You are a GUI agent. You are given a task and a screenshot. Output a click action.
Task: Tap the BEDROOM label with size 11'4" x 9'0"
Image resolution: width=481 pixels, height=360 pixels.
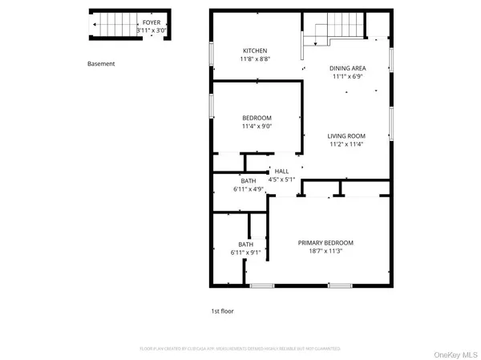(x=257, y=118)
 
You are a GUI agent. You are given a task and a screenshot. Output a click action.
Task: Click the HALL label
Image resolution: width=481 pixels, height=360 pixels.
(x=281, y=171)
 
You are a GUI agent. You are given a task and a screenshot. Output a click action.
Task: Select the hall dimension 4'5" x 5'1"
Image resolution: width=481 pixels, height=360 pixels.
(x=281, y=180)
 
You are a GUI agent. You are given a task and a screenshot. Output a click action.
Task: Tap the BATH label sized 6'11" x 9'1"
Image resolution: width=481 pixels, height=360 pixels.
(x=246, y=245)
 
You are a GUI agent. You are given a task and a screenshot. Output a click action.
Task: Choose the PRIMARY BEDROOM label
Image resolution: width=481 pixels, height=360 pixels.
(x=325, y=243)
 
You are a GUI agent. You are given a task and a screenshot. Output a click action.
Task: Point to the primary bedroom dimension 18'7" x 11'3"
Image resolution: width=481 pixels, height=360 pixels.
(x=325, y=252)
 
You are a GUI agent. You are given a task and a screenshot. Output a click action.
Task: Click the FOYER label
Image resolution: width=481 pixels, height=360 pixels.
(x=151, y=22)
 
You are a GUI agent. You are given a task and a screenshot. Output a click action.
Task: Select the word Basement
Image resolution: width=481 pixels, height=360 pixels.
(x=102, y=63)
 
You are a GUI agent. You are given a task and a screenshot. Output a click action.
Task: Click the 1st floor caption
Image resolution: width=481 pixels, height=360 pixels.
(x=212, y=310)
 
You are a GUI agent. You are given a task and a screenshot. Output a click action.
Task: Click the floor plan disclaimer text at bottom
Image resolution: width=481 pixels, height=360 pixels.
(x=240, y=349)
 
